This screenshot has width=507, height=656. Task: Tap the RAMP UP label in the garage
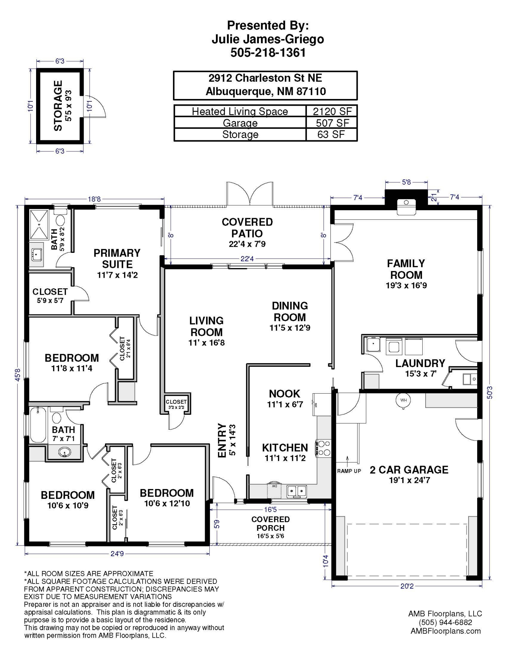[x=349, y=471]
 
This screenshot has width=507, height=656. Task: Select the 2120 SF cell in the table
[x=332, y=112]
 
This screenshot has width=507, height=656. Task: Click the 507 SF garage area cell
[x=332, y=123]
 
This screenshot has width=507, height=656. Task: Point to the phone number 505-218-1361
[x=268, y=52]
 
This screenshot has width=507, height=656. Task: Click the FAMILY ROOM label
[x=406, y=269]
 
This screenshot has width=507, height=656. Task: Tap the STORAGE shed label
[x=58, y=106]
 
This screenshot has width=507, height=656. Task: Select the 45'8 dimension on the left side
[x=18, y=375]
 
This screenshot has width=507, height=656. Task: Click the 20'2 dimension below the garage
[x=407, y=586]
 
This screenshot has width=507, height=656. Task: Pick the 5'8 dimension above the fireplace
[x=406, y=182]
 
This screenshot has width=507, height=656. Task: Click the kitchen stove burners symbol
[x=324, y=448]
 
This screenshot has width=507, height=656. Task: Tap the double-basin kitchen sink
[x=297, y=491]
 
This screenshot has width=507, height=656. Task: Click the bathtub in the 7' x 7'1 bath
[x=38, y=425]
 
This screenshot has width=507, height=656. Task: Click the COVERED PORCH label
[x=270, y=523]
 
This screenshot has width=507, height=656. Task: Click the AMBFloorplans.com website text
[x=445, y=631]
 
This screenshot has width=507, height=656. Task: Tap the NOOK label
[x=285, y=394]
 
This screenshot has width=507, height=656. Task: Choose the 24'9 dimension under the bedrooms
[x=117, y=554]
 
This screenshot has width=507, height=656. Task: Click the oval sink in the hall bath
[x=65, y=452]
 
